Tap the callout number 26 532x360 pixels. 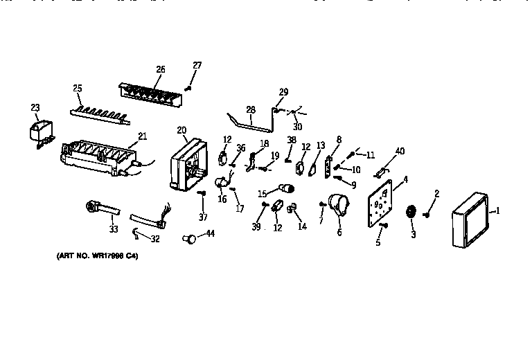[x=160, y=69]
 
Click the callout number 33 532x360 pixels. [x=113, y=229]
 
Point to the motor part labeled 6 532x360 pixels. [x=337, y=205]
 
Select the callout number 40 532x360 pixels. [x=400, y=152]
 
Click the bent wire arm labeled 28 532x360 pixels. [x=252, y=123]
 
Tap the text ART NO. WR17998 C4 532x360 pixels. [x=102, y=257]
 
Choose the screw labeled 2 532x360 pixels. [x=427, y=214]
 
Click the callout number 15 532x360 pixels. [x=263, y=193]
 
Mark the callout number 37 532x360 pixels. [x=202, y=217]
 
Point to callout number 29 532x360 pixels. [x=283, y=92]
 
